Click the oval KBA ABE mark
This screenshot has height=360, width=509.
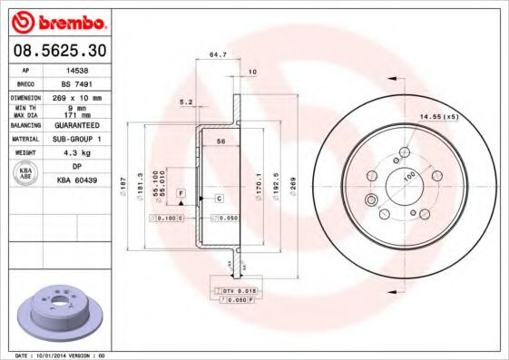pyautogui.click(x=27, y=174)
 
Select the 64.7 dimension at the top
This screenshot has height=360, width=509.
pyautogui.click(x=218, y=55)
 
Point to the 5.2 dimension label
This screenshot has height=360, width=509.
pyautogui.click(x=186, y=102)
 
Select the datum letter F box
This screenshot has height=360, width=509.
pyautogui.click(x=182, y=195)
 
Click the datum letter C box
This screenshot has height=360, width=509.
pyautogui.click(x=220, y=198)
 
